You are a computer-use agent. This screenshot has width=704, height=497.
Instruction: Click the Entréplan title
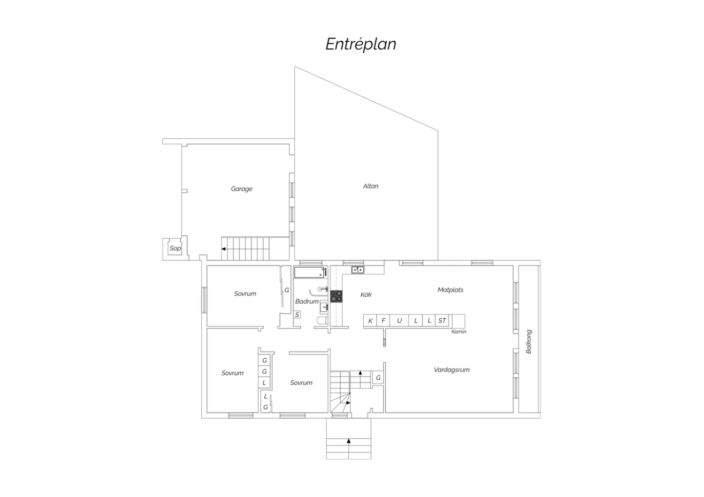point(360,44)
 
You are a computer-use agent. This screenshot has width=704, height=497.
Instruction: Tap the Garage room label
point(241,189)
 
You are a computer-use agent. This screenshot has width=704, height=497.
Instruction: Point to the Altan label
point(371,186)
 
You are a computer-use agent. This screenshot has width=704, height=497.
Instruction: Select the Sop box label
point(175,248)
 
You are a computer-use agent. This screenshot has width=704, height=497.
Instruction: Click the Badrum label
point(307,301)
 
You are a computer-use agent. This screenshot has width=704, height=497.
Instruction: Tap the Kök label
point(366,294)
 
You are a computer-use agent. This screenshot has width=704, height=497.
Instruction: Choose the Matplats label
point(451,290)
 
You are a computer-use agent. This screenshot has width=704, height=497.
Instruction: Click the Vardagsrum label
point(451,370)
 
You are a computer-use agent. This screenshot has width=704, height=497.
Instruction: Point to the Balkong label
point(529,342)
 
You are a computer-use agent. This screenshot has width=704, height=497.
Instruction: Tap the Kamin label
point(459,331)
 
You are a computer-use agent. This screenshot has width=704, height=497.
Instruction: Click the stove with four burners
point(337,296)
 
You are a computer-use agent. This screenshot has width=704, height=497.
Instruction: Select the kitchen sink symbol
point(358,270)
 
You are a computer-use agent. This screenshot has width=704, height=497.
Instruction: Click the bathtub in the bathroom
point(309,272)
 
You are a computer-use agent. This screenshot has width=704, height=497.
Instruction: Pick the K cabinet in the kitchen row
point(370,321)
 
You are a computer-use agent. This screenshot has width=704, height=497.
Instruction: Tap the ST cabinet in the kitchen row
point(442,321)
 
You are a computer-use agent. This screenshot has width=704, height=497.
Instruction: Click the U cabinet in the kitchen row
point(399,321)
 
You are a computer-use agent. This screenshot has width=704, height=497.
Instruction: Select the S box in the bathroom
point(297,314)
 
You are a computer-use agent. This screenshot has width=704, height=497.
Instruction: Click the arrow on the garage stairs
point(223,249)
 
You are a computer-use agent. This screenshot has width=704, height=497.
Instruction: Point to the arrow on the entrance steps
point(349,441)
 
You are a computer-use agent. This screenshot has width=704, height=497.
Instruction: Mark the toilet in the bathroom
point(322,321)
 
